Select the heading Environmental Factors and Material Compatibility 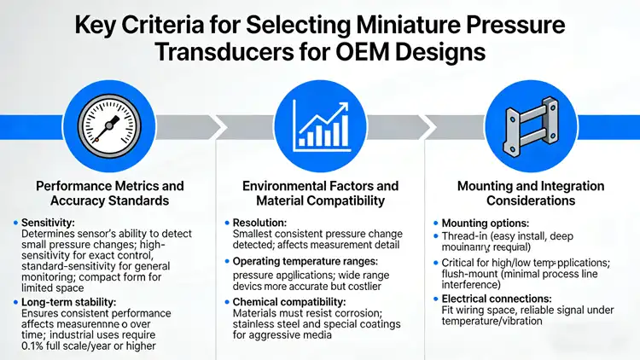[320, 193]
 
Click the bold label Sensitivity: [47, 222]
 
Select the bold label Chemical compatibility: [290, 302]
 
